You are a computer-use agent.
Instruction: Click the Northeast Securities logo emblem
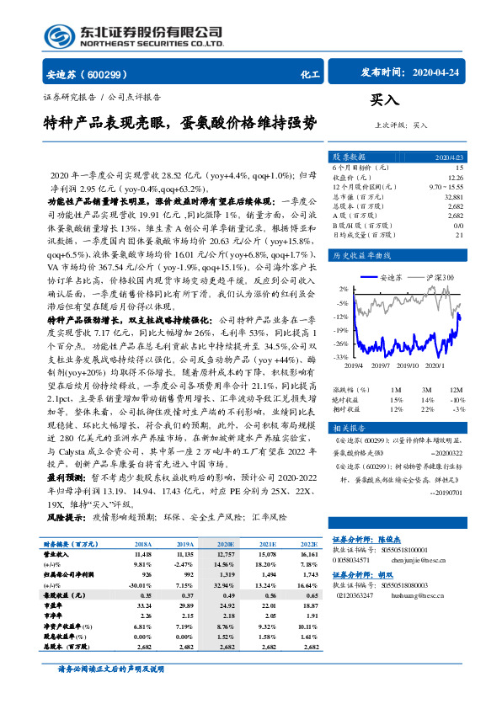tap(58, 35)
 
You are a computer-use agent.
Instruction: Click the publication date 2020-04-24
tap(441, 72)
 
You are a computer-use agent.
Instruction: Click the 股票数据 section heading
tap(349, 157)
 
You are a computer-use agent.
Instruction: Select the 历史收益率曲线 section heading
tap(359, 253)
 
